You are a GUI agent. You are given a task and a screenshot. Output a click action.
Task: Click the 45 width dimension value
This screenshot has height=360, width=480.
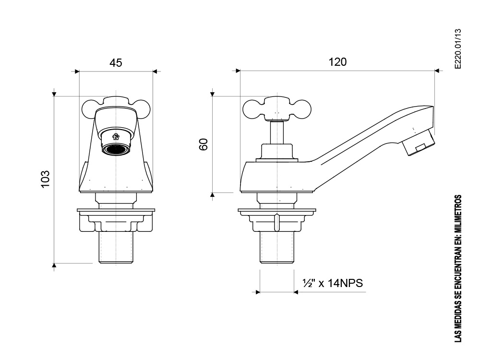(116, 63)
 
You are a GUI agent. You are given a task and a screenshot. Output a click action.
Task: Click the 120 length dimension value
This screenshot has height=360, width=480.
(337, 62)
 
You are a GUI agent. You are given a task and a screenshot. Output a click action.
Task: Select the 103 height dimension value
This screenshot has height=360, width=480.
(45, 179)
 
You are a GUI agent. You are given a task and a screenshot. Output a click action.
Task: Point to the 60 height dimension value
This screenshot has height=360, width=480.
(204, 144)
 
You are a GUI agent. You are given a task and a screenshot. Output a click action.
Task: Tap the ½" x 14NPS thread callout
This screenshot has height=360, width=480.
(333, 283)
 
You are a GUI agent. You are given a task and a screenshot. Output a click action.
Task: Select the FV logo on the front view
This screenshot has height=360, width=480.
(116, 137)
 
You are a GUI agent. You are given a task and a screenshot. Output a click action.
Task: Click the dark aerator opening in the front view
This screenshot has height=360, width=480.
(116, 150)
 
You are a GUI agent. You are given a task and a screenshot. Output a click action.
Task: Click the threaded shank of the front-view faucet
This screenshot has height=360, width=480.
(116, 247)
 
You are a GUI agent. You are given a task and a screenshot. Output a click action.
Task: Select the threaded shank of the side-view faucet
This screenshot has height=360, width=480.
(276, 247)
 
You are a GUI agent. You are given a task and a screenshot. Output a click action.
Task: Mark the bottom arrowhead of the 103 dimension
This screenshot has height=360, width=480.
(54, 263)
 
